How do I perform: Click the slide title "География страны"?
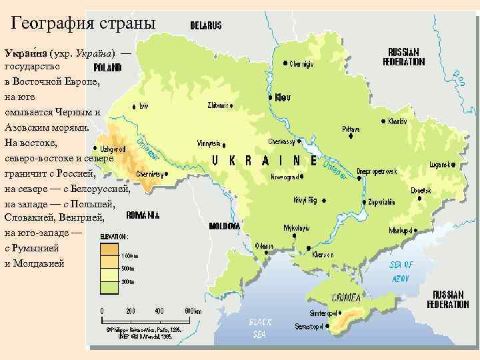[84, 23]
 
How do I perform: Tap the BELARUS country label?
[206, 25]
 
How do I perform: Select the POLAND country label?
[107, 67]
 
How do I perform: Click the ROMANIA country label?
[143, 215]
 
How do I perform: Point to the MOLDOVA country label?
[225, 226]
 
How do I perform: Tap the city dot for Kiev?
[270, 97]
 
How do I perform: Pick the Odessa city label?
[265, 246]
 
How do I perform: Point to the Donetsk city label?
[420, 190]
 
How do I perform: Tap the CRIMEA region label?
[347, 298]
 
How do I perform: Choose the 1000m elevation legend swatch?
[109, 250]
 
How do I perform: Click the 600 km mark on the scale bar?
[193, 311]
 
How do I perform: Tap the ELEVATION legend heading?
[114, 236]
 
